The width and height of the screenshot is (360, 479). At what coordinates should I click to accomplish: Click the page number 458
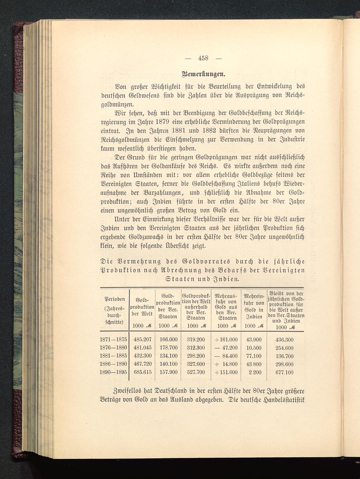(204, 59)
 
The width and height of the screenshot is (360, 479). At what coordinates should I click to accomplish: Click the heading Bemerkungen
(204, 75)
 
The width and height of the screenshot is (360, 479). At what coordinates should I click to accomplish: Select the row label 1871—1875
(113, 340)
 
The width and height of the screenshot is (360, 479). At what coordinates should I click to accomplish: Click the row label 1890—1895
(113, 372)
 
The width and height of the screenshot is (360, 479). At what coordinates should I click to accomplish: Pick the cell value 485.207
(143, 340)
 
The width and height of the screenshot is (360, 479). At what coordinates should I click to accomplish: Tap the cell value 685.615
(143, 372)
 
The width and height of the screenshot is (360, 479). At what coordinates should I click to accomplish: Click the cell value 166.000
(168, 340)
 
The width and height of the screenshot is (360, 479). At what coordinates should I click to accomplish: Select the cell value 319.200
(196, 340)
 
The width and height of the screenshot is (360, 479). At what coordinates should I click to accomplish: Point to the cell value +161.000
(226, 340)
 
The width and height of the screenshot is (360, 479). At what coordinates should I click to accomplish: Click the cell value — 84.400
(226, 356)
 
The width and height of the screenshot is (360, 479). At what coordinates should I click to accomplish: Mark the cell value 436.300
(284, 340)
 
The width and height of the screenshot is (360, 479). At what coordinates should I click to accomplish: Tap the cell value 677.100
(284, 372)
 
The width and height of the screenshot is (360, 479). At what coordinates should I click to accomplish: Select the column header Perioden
(114, 299)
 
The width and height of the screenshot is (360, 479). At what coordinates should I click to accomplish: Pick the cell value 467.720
(143, 364)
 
